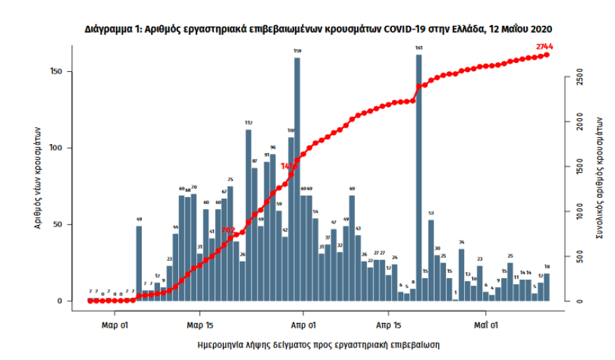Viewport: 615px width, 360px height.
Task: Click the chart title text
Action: point(319,29)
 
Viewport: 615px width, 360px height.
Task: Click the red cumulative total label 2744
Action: point(545,46)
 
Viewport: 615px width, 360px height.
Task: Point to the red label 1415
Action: point(289,166)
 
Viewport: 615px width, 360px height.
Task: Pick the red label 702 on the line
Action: point(228,230)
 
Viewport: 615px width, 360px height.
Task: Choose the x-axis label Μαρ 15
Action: point(200,325)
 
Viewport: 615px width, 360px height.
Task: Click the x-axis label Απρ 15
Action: point(389,325)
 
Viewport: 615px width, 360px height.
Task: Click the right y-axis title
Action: point(599,178)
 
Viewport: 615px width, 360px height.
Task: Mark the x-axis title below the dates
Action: point(319,345)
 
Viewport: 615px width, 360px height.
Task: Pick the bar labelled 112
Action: point(248,215)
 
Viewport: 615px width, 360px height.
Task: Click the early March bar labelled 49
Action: point(139,264)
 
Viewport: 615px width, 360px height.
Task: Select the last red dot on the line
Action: point(547,55)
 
